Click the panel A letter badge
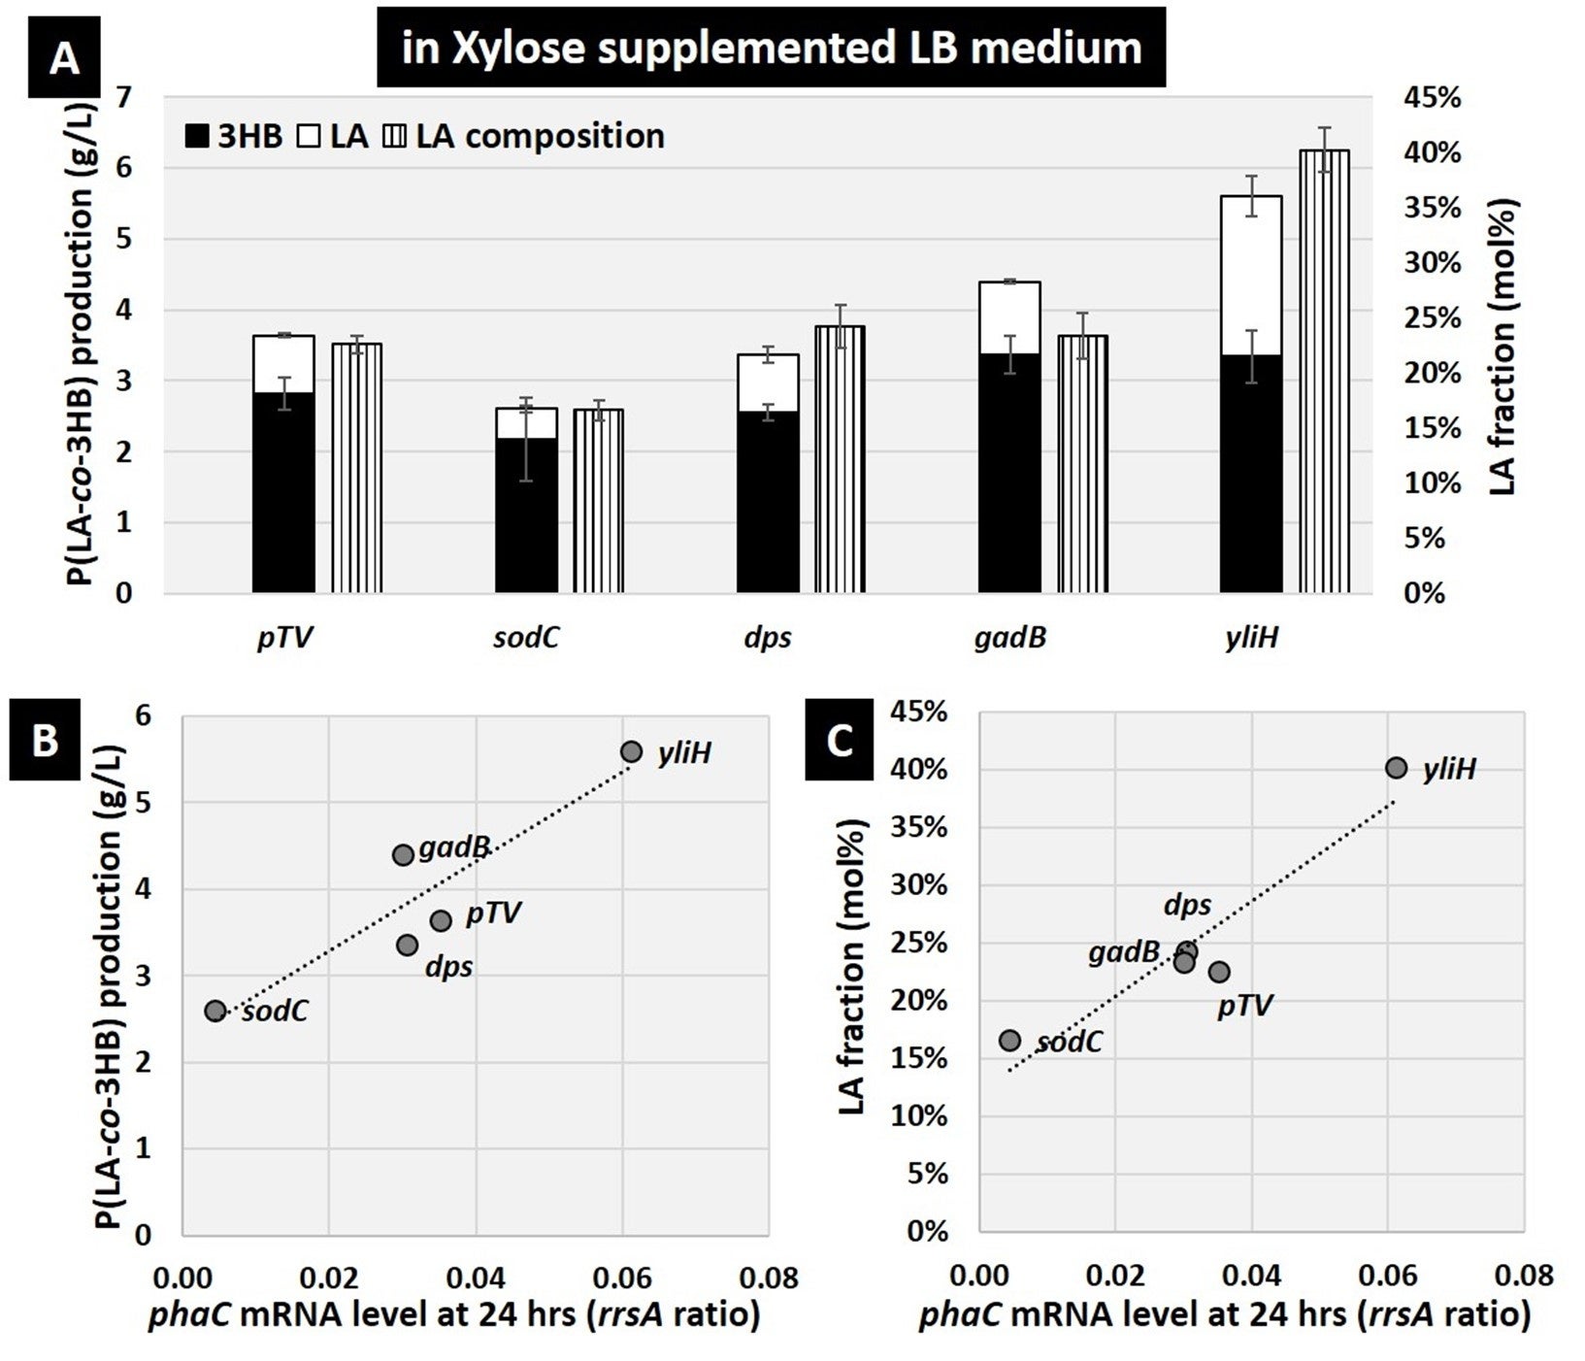click(x=64, y=59)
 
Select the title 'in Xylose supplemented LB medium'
click(x=772, y=48)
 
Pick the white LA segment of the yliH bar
click(x=1250, y=276)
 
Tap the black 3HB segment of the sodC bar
click(x=527, y=515)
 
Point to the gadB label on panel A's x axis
click(x=1009, y=639)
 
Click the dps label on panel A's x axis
click(x=768, y=639)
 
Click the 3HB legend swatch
click(x=197, y=137)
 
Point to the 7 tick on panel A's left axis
click(x=124, y=98)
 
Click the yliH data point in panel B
click(x=631, y=751)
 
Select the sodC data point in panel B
click(x=215, y=1011)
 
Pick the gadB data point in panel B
click(x=403, y=855)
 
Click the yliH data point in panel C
click(x=1396, y=768)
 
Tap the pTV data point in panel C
click(x=1219, y=972)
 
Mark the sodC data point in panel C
click(x=1010, y=1041)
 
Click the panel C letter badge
click(x=840, y=742)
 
